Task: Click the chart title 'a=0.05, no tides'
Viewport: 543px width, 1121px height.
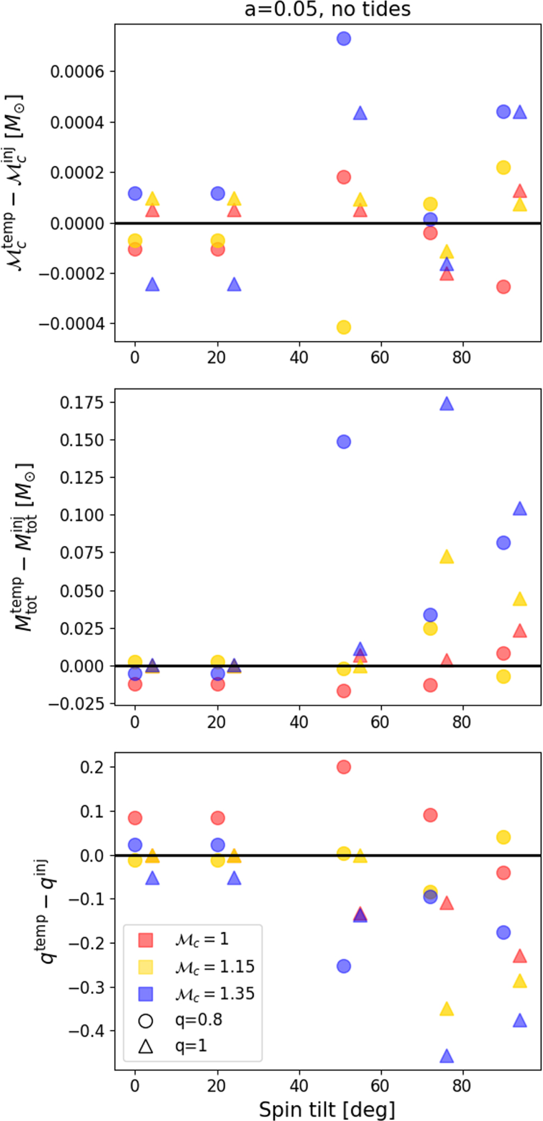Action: (327, 9)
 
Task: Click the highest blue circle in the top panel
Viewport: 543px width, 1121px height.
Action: (344, 39)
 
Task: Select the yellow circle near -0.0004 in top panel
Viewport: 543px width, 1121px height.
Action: (344, 327)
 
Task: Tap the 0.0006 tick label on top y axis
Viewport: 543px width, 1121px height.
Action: (77, 72)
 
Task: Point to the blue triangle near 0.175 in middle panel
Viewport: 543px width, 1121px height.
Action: (446, 404)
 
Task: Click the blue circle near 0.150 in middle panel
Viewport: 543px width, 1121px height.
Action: (344, 442)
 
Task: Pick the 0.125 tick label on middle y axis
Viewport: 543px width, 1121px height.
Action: (81, 478)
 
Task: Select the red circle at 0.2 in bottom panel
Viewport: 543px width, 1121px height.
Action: (344, 767)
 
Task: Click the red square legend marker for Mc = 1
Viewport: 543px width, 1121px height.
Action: (146, 940)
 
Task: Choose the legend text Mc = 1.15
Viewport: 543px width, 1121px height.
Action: (214, 967)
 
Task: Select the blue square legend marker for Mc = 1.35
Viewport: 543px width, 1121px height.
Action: (146, 993)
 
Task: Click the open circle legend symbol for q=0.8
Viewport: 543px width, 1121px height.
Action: (146, 1020)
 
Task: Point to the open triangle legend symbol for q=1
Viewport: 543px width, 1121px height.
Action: (146, 1046)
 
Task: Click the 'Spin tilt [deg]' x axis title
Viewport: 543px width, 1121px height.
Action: (327, 1110)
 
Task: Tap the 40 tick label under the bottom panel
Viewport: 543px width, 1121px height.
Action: (299, 1086)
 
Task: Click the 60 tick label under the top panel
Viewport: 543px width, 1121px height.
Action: (380, 358)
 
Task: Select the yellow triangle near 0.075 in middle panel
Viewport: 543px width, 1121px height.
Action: (446, 557)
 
